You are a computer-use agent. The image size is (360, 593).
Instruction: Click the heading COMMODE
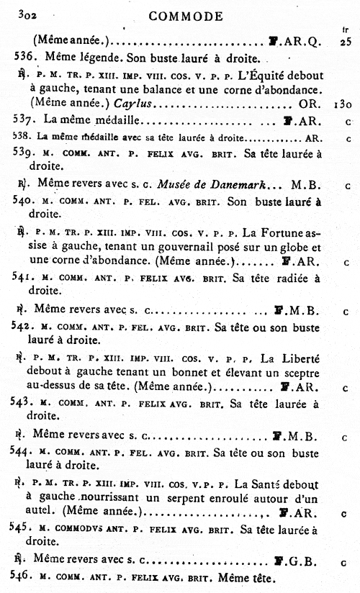[186, 16]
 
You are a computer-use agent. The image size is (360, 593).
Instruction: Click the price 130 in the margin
[343, 104]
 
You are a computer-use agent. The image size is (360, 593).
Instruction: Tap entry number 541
[25, 277]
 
